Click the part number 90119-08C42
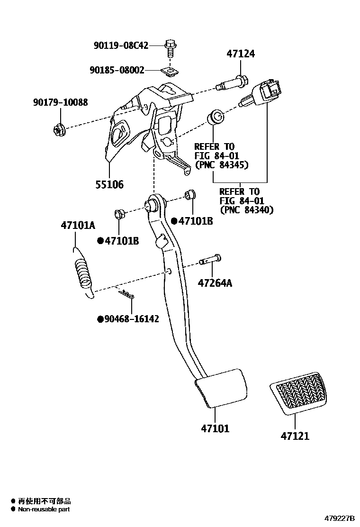(x=121, y=45)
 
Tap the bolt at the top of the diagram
(x=170, y=47)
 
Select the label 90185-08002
(x=117, y=70)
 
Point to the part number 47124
(x=240, y=54)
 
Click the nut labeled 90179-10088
(x=59, y=127)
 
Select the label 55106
(x=108, y=184)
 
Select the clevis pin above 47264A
(x=211, y=260)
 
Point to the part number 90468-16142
(x=132, y=319)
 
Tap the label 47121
(x=294, y=436)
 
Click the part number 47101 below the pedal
(x=215, y=428)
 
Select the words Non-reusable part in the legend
(x=44, y=509)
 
